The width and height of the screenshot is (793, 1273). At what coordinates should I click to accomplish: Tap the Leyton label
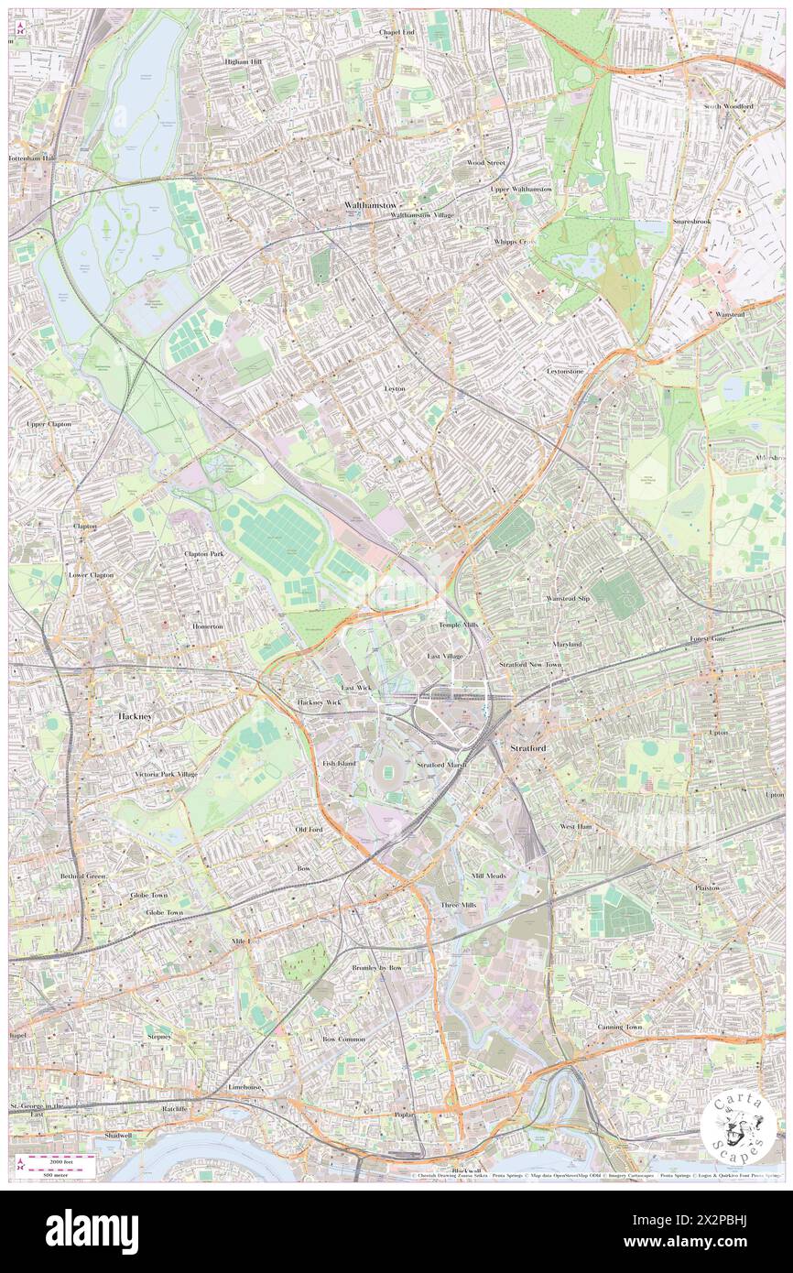click(x=395, y=388)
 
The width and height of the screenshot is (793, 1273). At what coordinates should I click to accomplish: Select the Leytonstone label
click(x=565, y=371)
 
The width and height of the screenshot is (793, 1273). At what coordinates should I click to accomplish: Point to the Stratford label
click(x=529, y=748)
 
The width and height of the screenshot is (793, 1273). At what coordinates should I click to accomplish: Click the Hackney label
click(x=136, y=715)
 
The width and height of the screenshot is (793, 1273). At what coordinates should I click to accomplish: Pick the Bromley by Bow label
click(x=377, y=967)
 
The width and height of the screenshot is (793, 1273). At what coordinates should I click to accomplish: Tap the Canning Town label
click(x=620, y=1027)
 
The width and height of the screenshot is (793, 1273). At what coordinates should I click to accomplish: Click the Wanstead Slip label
click(x=569, y=598)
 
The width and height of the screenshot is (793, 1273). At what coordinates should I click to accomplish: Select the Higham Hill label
click(x=244, y=61)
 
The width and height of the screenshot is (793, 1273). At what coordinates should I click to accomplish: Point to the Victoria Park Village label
click(x=166, y=774)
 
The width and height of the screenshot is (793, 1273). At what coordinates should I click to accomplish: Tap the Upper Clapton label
click(x=49, y=424)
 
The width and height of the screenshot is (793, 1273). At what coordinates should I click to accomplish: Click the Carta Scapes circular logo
click(x=738, y=1127)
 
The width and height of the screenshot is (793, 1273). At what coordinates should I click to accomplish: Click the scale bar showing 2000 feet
click(x=63, y=1161)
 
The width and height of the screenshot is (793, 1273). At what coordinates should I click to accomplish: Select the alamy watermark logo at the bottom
click(x=92, y=1232)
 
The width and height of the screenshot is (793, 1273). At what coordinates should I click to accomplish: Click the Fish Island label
click(x=339, y=762)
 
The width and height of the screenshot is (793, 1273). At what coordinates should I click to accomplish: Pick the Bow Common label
click(x=344, y=1039)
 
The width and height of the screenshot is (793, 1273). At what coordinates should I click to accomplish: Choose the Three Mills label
click(x=459, y=905)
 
